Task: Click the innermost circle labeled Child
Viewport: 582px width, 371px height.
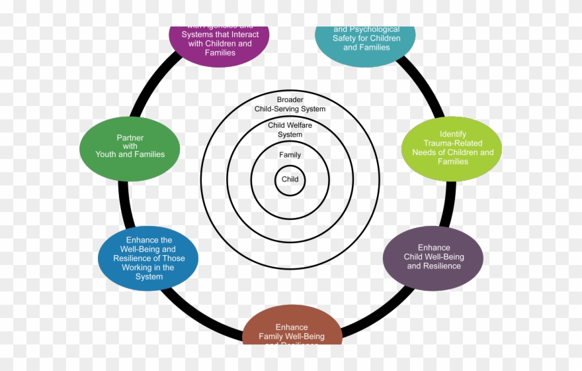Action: (x=290, y=180)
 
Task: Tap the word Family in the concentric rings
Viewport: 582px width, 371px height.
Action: (x=290, y=155)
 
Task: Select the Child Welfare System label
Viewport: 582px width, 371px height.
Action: (x=290, y=130)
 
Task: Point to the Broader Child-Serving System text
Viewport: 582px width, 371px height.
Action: (x=290, y=104)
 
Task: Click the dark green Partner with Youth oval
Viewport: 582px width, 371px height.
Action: (x=130, y=146)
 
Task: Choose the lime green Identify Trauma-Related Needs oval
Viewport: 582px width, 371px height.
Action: (x=452, y=148)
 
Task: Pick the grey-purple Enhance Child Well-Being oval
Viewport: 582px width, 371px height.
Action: (x=433, y=258)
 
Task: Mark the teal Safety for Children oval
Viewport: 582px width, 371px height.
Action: (x=365, y=40)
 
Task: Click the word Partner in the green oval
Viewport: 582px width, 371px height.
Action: (x=130, y=138)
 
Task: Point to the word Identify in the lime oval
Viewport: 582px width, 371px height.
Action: (x=453, y=134)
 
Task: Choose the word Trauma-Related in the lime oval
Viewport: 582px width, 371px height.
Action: (x=453, y=143)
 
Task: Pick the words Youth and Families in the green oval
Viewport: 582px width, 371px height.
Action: (x=130, y=154)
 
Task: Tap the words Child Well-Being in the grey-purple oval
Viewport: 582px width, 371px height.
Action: (x=434, y=257)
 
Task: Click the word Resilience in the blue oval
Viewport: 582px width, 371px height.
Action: (x=137, y=258)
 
